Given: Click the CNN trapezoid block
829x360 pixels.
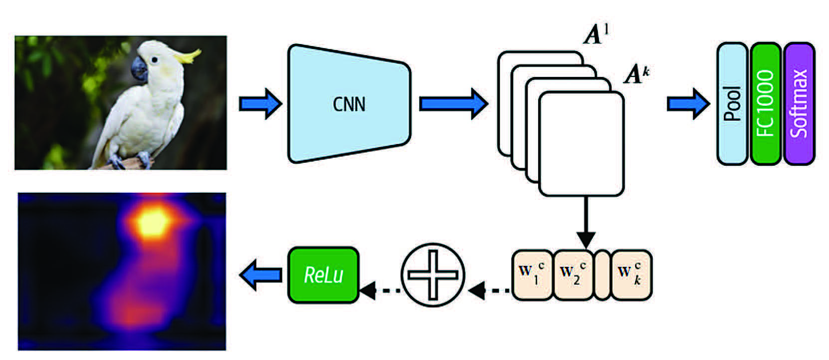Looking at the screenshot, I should click(349, 104).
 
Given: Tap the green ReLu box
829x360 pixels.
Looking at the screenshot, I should click(323, 275).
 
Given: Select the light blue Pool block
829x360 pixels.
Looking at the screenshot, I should click(732, 104).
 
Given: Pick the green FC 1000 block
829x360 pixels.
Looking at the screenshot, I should click(765, 104).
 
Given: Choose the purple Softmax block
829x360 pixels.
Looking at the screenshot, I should click(799, 104).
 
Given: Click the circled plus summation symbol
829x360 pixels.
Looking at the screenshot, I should click(432, 275).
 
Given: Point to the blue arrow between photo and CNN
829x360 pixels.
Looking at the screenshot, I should click(260, 104).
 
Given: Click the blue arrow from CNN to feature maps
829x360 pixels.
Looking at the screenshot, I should click(452, 104).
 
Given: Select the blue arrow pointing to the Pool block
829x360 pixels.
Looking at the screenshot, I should click(688, 104).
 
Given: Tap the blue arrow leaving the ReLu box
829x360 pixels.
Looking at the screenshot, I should click(260, 275).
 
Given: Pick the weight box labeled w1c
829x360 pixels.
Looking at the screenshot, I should click(533, 275).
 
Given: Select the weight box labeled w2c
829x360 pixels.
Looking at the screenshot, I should click(573, 275).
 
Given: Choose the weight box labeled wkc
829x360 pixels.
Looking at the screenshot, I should click(631, 275).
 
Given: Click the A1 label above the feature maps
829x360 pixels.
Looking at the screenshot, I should click(596, 35).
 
